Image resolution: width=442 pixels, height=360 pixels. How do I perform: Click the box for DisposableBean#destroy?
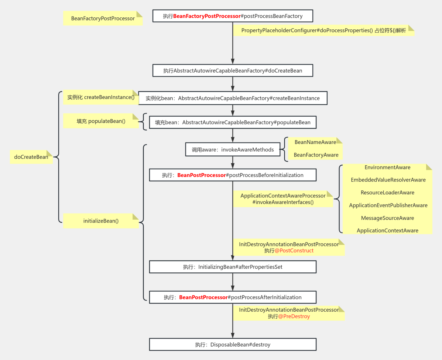coord(233,344)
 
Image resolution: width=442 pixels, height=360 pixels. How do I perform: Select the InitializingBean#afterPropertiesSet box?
coord(233,267)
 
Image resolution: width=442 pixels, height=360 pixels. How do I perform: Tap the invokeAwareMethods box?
coord(233,150)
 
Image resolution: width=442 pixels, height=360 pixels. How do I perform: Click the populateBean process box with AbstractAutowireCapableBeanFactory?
coord(233,122)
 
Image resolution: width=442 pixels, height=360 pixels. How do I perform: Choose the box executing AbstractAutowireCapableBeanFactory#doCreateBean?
coord(233,70)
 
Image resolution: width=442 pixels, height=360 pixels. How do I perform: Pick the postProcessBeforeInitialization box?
coord(233,175)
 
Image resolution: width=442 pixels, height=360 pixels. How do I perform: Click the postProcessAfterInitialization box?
coord(233,297)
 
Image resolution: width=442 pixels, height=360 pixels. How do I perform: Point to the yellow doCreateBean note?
coord(31,157)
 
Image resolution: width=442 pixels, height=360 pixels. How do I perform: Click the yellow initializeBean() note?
coord(101,221)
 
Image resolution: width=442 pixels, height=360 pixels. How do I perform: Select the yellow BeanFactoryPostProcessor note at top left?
coord(103,18)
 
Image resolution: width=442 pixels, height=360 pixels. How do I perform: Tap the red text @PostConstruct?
coord(294,251)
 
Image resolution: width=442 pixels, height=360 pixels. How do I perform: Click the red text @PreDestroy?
coord(294,316)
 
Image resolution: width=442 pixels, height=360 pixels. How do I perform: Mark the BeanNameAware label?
coord(315,142)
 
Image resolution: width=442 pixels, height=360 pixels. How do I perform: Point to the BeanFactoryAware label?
coord(316,155)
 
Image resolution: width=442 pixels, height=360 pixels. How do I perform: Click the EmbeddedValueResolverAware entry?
coord(388,180)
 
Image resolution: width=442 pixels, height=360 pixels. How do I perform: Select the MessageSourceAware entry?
coord(387,218)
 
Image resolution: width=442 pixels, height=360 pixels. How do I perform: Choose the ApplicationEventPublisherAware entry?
coord(388,205)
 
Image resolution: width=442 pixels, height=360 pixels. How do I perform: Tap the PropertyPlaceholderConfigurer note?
coord(323,30)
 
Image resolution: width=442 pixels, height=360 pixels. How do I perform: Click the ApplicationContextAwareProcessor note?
coord(283,199)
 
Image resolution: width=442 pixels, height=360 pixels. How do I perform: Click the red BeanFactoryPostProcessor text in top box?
coord(207,16)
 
